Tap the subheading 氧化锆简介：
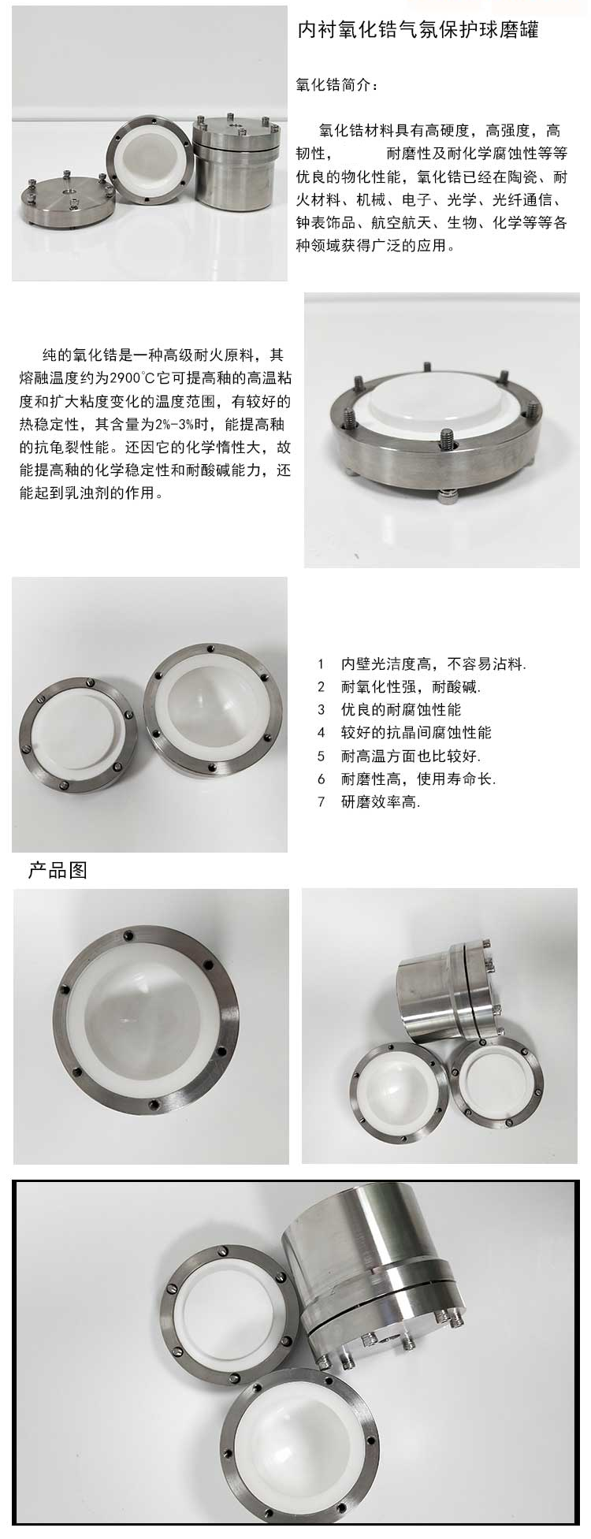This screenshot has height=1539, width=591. pos(336,85)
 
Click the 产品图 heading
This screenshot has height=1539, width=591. pos(58,870)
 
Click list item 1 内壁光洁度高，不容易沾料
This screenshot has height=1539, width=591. pos(422,664)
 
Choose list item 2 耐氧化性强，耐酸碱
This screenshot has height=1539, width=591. pos(399,687)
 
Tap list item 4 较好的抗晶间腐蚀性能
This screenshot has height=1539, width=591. pos(404,733)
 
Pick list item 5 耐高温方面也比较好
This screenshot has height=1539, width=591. pos(399,756)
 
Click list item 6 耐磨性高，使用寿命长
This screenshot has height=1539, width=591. pos(407,779)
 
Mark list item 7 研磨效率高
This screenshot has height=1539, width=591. pos(369,803)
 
